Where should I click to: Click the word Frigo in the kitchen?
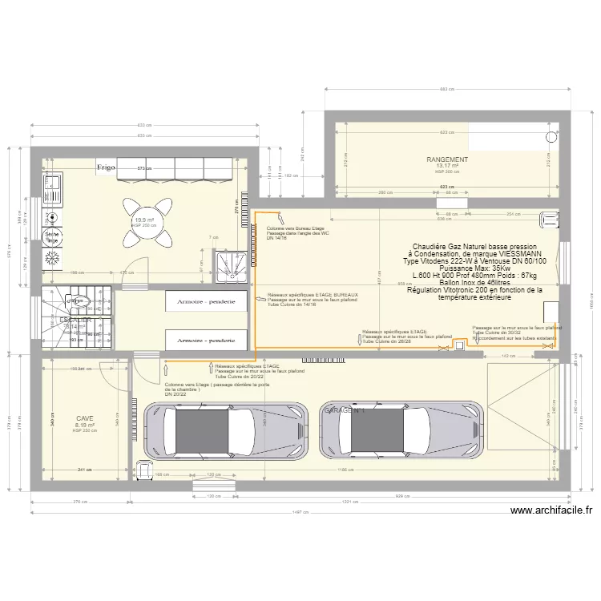point(106,167)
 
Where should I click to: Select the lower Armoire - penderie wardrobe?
point(206,340)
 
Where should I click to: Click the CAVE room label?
point(85,418)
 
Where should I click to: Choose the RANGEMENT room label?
point(447,160)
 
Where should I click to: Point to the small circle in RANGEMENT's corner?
point(551,137)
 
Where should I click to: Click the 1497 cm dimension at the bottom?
point(300,512)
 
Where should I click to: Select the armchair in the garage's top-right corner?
point(551,218)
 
